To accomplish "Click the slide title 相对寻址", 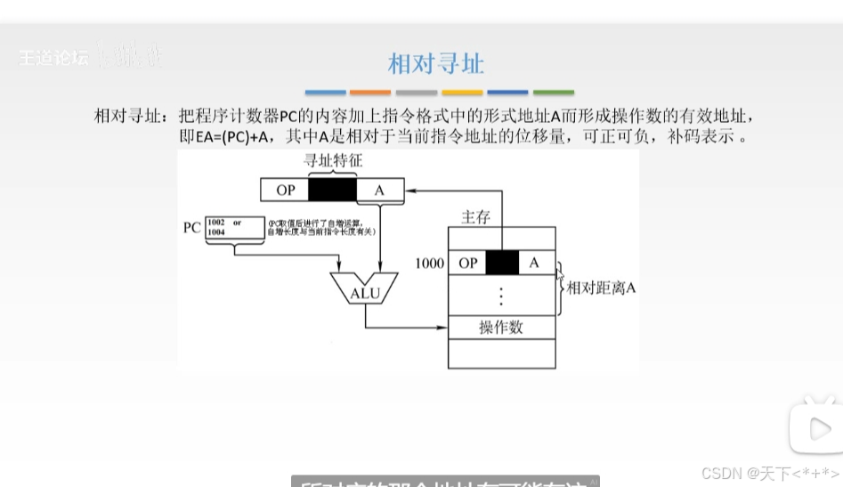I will [436, 64].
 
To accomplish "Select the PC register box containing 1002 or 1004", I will [234, 227].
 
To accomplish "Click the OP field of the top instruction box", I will [285, 190].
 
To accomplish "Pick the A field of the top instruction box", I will [379, 190].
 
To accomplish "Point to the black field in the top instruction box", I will [332, 190].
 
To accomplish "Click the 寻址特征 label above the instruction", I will [333, 161].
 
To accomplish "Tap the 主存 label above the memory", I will [475, 216].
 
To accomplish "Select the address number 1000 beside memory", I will [429, 264].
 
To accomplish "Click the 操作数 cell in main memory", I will [501, 328].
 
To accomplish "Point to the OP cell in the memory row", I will [467, 263].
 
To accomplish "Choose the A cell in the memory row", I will [534, 263].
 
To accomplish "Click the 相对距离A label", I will [601, 288].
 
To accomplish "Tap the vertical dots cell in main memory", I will [501, 295].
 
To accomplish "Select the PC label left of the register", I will [191, 227].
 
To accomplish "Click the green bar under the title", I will [554, 93].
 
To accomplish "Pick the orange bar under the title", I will [370, 93].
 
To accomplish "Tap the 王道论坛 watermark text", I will [54, 58].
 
